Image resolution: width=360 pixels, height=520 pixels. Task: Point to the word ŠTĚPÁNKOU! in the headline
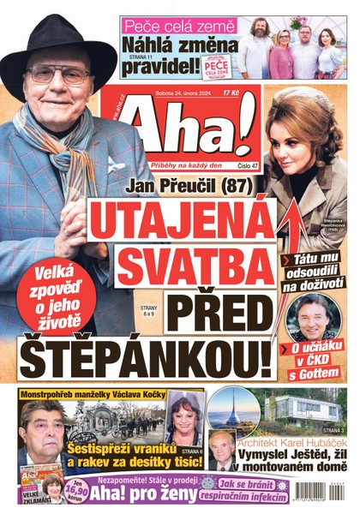point(141,353)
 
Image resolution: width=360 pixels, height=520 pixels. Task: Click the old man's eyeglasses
point(58,75)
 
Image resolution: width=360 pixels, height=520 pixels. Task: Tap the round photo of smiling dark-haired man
point(312,316)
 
